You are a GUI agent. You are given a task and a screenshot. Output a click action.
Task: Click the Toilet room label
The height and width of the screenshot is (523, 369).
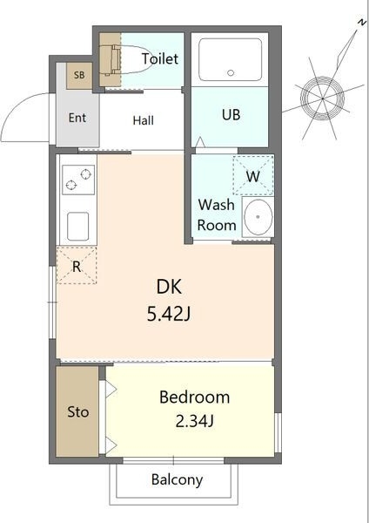160,58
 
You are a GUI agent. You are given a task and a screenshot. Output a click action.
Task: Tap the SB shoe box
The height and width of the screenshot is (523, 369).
79,76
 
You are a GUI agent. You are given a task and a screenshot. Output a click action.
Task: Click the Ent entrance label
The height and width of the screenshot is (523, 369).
77,118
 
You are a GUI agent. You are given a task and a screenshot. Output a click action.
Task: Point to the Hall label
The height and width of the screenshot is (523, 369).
144,120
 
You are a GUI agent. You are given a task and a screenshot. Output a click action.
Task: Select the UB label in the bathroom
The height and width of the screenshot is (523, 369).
231,115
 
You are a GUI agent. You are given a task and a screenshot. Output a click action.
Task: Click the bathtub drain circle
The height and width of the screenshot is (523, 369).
231,72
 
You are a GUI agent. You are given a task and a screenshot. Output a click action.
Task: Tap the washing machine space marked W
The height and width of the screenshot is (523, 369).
253,175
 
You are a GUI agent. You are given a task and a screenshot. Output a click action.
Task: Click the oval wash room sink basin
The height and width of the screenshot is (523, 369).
258,217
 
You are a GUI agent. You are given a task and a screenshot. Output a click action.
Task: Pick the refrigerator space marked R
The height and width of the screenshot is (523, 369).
77,266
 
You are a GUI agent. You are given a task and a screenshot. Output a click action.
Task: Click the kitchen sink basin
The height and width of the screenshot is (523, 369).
78,227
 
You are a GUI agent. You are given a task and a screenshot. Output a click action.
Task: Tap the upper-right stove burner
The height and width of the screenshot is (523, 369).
86,173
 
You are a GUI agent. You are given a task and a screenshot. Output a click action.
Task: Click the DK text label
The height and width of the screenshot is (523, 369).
169,287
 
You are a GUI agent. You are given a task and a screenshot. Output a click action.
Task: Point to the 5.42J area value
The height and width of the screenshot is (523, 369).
169,314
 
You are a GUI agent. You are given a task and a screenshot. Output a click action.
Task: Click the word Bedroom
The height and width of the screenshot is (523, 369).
194,397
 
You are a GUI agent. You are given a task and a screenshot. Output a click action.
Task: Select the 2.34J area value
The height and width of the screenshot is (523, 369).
194,422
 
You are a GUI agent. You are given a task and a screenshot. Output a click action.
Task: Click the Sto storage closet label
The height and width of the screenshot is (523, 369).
78,412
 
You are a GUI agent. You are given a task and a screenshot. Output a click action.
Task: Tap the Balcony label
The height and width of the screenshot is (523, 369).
177,480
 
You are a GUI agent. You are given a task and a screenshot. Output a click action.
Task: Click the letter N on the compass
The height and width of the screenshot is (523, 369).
361,23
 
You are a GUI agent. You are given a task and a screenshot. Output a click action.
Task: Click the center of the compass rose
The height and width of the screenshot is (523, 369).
322,98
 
